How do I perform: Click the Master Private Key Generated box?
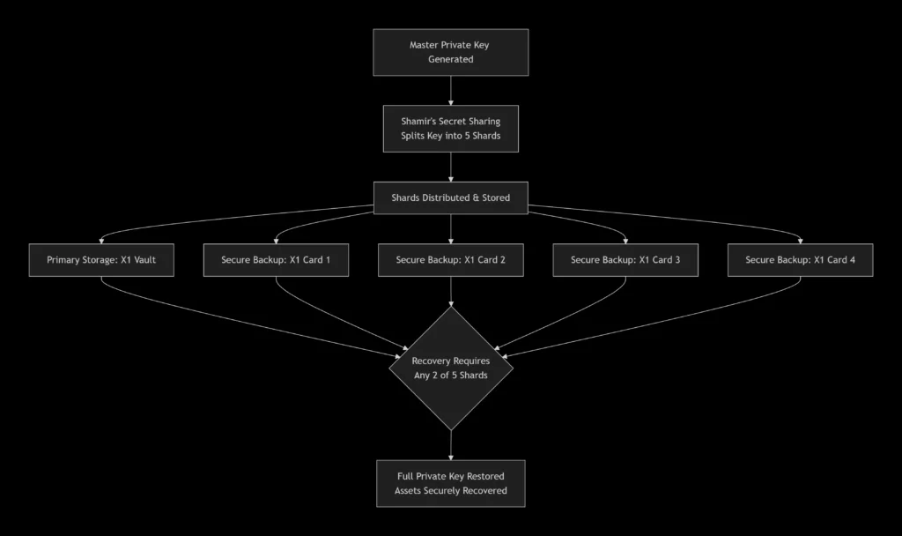tap(450, 52)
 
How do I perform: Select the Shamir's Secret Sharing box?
tap(450, 129)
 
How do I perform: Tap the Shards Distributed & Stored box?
tap(450, 198)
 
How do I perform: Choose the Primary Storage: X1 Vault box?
tap(100, 260)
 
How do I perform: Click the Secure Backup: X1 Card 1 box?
tap(275, 260)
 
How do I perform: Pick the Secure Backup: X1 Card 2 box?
tap(450, 260)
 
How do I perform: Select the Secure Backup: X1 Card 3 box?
tap(625, 260)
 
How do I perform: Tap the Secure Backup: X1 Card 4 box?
tap(800, 260)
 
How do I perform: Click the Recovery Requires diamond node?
tap(450, 368)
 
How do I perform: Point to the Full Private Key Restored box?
tap(450, 483)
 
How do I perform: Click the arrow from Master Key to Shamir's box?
tap(450, 90)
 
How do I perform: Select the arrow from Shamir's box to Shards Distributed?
tap(450, 167)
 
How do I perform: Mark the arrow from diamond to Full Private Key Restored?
tap(450, 444)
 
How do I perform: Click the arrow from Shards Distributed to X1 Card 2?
tap(450, 228)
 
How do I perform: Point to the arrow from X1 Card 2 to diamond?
tap(450, 291)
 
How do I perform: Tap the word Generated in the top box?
tap(450, 60)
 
